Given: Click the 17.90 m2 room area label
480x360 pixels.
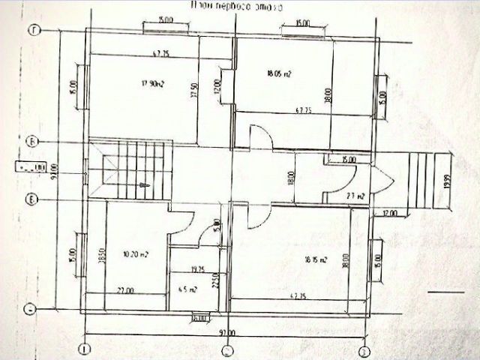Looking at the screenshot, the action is coord(153,84).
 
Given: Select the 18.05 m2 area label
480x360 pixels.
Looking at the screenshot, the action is coord(279,74).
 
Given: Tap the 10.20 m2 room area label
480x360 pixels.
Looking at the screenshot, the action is coord(135,254).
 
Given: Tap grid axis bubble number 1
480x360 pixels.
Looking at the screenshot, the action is coord(85,349).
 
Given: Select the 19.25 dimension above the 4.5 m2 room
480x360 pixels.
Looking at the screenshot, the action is coord(198,268).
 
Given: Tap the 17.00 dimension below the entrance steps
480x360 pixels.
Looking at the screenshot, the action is coord(389,213).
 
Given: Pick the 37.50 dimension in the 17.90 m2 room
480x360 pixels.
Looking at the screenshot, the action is coord(193,91).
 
